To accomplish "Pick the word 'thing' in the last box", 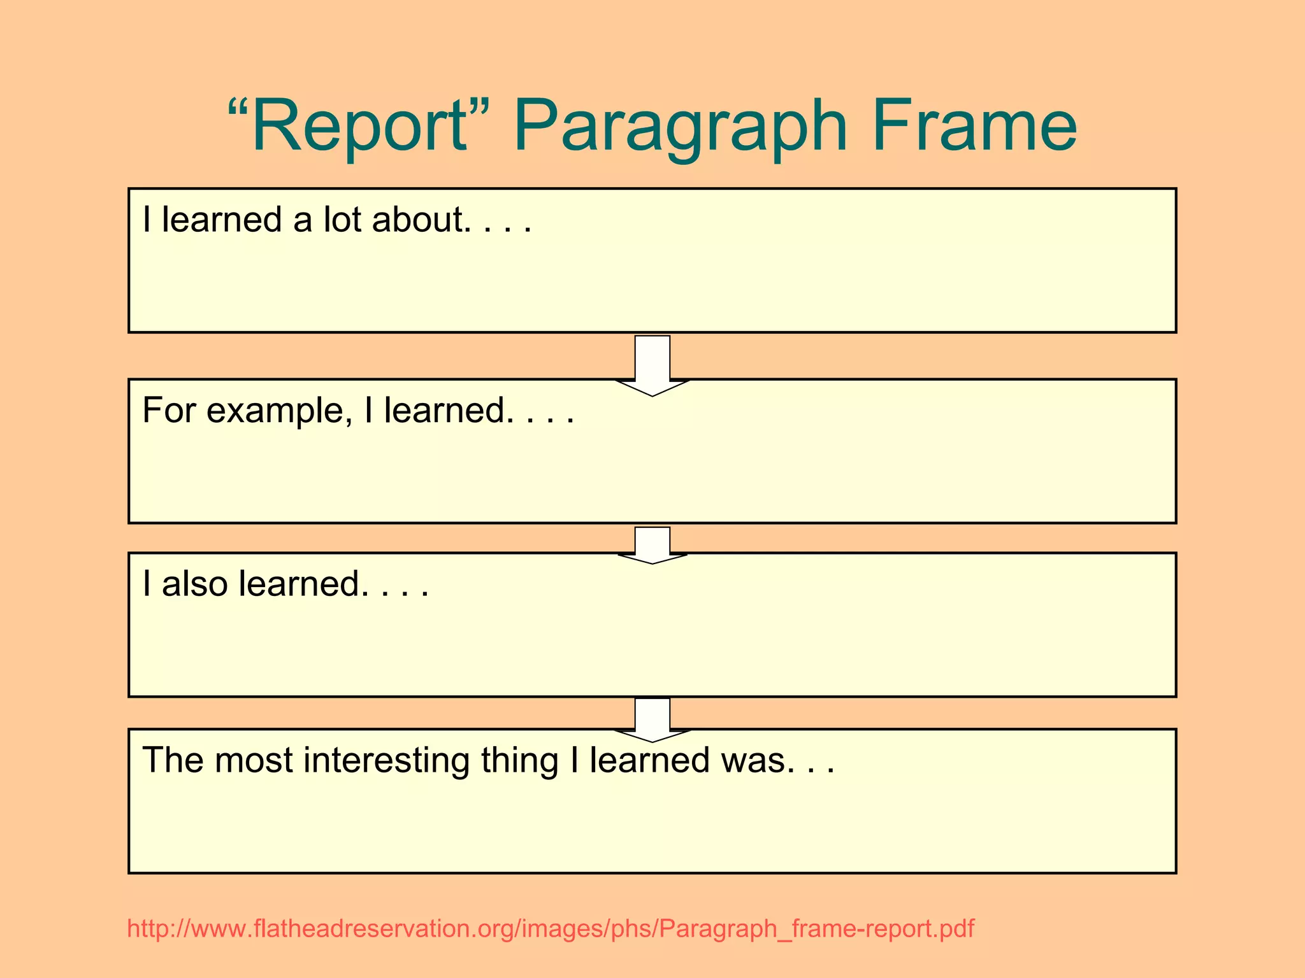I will pyautogui.click(x=519, y=762).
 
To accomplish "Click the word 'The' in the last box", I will pyautogui.click(x=173, y=760).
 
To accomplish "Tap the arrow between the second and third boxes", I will pyautogui.click(x=652, y=545).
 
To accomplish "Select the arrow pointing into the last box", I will pyautogui.click(x=652, y=719).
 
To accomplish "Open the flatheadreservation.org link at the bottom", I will pyautogui.click(x=551, y=929).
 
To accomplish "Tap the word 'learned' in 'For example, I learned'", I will pyautogui.click(x=445, y=410).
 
